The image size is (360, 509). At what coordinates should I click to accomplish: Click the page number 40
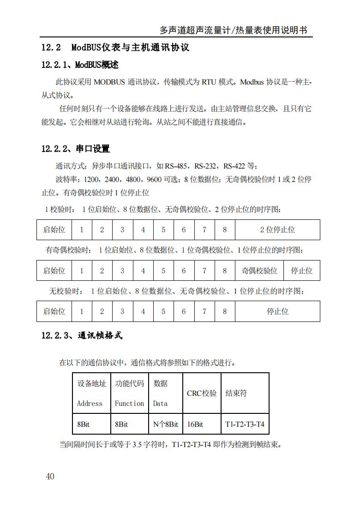pos(50,476)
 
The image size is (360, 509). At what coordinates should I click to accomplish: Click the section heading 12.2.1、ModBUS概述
pos(79,65)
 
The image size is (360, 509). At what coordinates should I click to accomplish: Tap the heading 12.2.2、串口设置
pos(75,149)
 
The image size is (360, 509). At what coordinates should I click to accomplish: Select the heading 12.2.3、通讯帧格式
pos(82,336)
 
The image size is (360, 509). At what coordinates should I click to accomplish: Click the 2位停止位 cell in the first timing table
pos(277,230)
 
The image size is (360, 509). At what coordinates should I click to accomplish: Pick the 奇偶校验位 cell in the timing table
pos(259,271)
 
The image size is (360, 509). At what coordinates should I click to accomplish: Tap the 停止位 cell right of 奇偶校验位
pos(301,271)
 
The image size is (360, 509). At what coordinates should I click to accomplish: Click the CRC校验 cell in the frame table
pos(202,394)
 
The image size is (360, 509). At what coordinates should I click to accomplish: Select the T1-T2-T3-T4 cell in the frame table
pos(245,424)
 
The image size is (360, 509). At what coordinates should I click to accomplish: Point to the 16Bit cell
pos(195,424)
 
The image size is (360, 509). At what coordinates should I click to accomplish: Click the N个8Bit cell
pos(165,424)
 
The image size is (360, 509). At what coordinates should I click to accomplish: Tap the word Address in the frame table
pos(90,403)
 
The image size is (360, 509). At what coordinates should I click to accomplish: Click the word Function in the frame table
pos(129,403)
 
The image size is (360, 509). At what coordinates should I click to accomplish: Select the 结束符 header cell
pos(236,394)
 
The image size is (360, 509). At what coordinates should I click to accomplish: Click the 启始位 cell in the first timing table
pos(54,230)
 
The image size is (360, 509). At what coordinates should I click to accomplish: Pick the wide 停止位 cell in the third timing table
pos(277,311)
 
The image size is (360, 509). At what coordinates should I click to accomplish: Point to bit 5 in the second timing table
pos(163,271)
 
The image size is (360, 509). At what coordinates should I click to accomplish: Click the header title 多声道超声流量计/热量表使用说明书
pos(233,30)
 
